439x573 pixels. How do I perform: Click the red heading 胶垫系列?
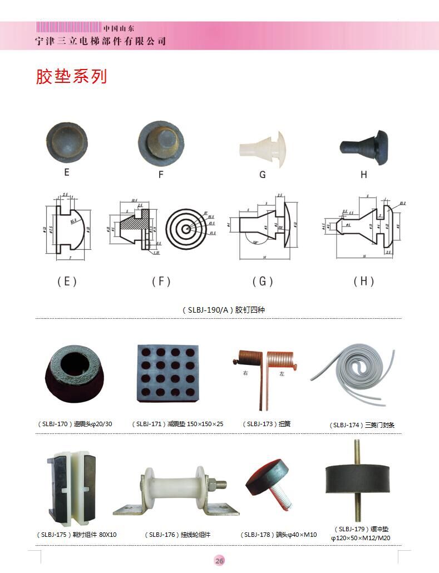[x=71, y=76]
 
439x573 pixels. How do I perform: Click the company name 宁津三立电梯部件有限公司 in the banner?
[x=100, y=41]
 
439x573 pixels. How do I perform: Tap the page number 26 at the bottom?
[x=219, y=560]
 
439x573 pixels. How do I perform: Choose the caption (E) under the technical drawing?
[x=67, y=281]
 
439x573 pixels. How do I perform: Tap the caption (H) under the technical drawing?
[x=363, y=281]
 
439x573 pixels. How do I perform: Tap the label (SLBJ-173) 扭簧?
[x=267, y=424]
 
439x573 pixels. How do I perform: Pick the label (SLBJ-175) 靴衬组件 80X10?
[x=76, y=535]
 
